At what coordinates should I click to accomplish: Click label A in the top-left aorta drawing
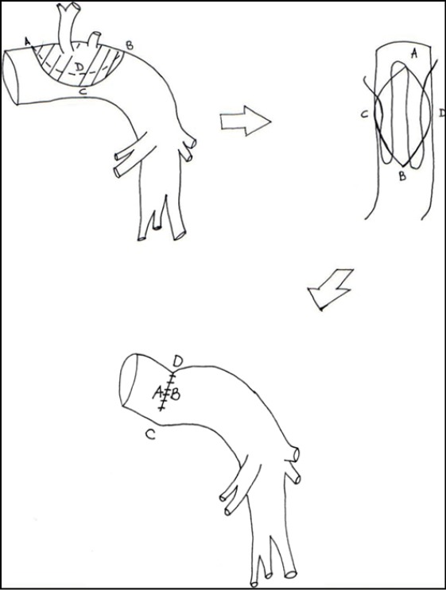pyautogui.click(x=27, y=40)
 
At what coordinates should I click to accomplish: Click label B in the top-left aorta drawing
pyautogui.click(x=129, y=46)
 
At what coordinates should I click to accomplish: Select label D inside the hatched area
pyautogui.click(x=79, y=67)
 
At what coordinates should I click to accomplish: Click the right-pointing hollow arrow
pyautogui.click(x=246, y=121)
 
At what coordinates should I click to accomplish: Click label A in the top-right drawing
pyautogui.click(x=414, y=55)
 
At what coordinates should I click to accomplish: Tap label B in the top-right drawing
pyautogui.click(x=402, y=175)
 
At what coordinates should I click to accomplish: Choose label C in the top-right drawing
pyautogui.click(x=364, y=114)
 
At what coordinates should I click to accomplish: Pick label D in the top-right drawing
pyautogui.click(x=442, y=113)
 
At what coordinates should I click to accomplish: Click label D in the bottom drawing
pyautogui.click(x=177, y=361)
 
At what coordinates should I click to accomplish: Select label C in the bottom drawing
pyautogui.click(x=151, y=435)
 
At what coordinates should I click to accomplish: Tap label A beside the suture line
pyautogui.click(x=157, y=393)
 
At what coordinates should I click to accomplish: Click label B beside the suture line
pyautogui.click(x=175, y=395)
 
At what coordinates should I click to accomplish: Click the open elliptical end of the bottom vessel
pyautogui.click(x=129, y=380)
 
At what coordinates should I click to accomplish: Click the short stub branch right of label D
pyautogui.click(x=94, y=39)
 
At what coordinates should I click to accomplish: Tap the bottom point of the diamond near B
pyautogui.click(x=403, y=166)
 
